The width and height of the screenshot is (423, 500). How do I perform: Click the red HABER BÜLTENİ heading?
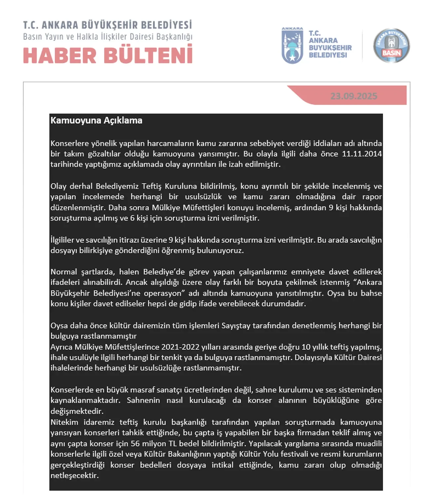108,55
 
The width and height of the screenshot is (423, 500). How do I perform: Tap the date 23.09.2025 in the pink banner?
354,96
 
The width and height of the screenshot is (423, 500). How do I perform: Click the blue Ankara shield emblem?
292,46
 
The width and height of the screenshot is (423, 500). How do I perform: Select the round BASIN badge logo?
391,46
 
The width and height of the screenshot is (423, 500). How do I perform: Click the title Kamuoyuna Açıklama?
96,120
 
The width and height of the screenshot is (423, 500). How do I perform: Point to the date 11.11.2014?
362,154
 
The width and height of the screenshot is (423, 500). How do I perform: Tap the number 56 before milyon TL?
135,443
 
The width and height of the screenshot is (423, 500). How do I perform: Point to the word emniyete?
307,272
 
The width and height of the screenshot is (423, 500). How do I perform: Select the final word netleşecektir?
74,476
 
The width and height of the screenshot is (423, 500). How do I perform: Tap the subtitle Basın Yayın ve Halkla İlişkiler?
108,36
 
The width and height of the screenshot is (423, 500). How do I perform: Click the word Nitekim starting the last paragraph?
64,422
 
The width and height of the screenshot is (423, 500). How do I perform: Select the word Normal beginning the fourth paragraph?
63,272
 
